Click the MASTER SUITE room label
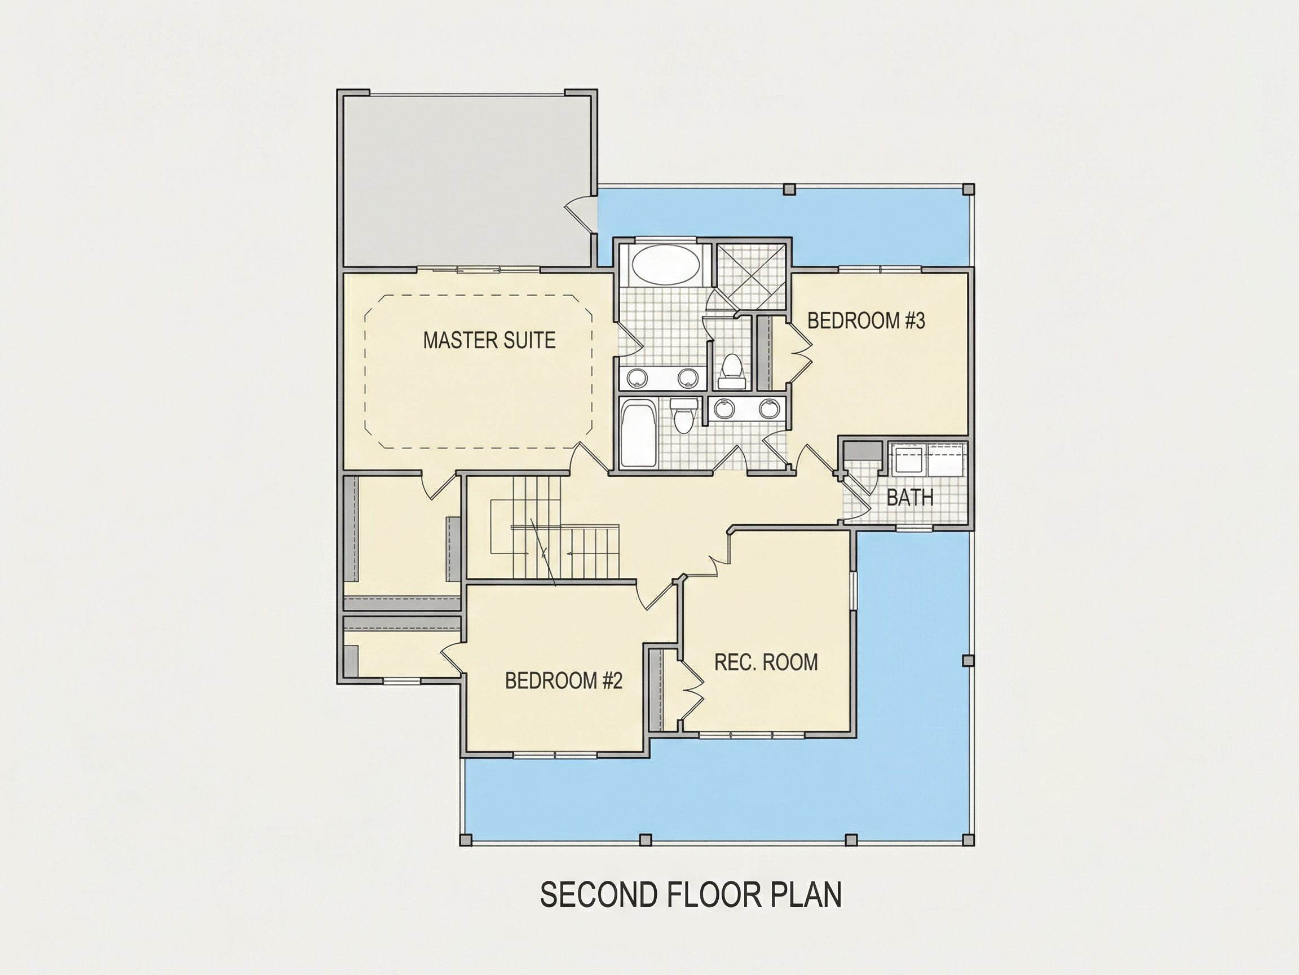(489, 340)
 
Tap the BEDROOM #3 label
(866, 321)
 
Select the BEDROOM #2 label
(564, 680)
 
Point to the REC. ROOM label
(766, 662)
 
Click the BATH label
(909, 498)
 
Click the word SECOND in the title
(598, 895)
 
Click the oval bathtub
(666, 266)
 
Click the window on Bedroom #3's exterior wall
(880, 270)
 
